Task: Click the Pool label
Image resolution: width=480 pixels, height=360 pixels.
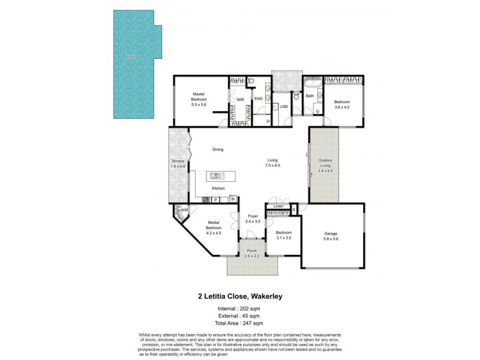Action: point(130,57)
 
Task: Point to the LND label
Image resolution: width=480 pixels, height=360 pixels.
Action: point(284,107)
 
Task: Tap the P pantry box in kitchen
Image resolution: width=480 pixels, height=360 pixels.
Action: point(215,200)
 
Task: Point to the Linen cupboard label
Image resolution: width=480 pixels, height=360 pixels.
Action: point(278,206)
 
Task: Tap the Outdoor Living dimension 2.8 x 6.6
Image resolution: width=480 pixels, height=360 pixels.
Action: point(324,171)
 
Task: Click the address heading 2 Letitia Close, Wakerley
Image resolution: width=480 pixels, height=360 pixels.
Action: point(240,295)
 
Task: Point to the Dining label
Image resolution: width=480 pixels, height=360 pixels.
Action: point(217,149)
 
